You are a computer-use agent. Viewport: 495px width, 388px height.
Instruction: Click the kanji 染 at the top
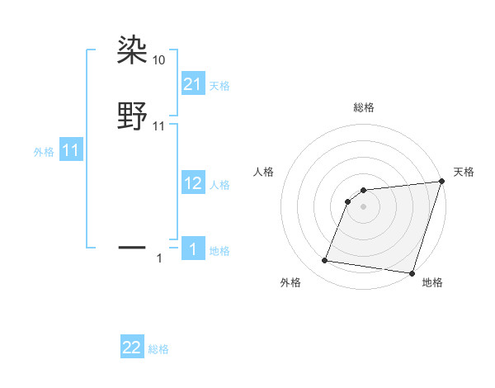tap(133, 50)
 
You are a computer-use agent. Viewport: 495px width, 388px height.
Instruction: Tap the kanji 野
tap(133, 116)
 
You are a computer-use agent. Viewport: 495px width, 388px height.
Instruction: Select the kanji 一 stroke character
tap(133, 246)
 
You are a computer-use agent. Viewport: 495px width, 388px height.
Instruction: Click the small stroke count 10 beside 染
tap(159, 60)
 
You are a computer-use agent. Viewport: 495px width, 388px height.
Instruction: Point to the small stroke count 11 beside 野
tap(159, 126)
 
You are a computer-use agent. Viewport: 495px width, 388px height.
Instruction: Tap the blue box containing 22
tap(132, 348)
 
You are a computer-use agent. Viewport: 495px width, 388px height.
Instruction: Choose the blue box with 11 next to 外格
tap(71, 150)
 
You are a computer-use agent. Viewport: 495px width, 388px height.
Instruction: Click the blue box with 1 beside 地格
tap(192, 248)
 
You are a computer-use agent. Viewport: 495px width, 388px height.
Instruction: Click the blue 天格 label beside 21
tap(219, 85)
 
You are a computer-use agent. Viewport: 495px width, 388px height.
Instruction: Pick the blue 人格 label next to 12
tap(219, 185)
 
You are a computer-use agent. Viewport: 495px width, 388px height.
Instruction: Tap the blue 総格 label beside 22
tap(158, 350)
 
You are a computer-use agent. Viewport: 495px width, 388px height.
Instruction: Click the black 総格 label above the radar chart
tap(364, 107)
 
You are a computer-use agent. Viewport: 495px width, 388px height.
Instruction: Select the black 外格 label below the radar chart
tap(290, 282)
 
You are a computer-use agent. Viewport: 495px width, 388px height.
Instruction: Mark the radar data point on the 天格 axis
tap(441, 182)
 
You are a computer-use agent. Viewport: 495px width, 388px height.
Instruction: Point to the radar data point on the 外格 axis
tap(325, 261)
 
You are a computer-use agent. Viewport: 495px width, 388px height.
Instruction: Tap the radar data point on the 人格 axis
tap(349, 201)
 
